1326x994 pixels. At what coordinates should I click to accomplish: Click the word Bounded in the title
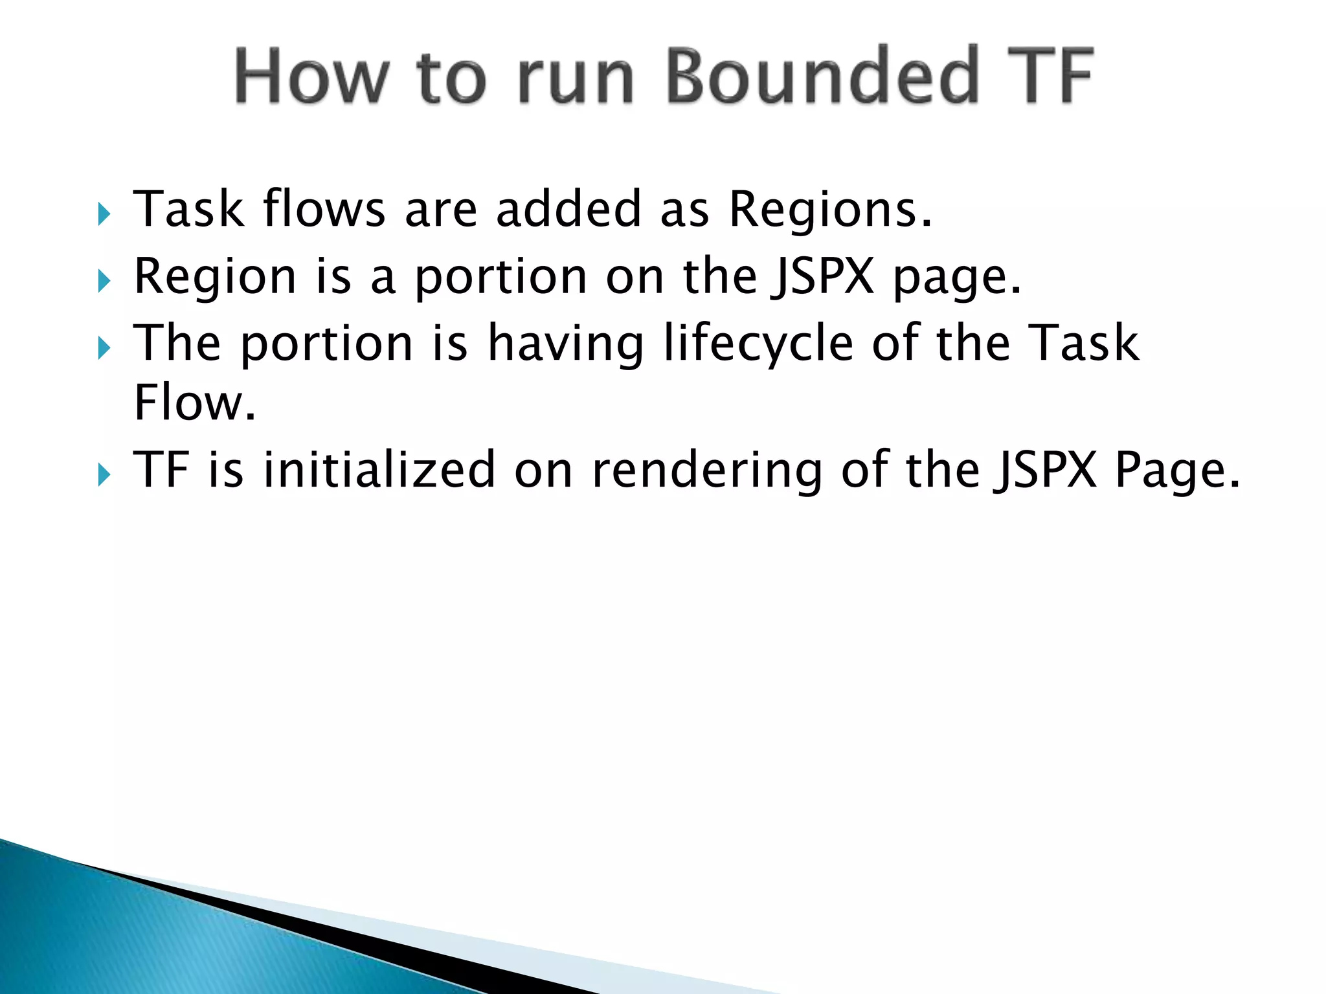pyautogui.click(x=822, y=76)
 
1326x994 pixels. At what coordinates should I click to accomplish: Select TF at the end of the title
pyautogui.click(x=1050, y=76)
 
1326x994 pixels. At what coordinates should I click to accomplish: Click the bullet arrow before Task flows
pyautogui.click(x=104, y=214)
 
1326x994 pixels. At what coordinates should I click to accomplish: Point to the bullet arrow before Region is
pyautogui.click(x=104, y=281)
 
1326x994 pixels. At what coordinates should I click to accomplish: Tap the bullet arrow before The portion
pyautogui.click(x=104, y=348)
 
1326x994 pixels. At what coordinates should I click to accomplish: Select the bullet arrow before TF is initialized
pyautogui.click(x=104, y=475)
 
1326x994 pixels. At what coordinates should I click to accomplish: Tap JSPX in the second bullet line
pyautogui.click(x=823, y=277)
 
